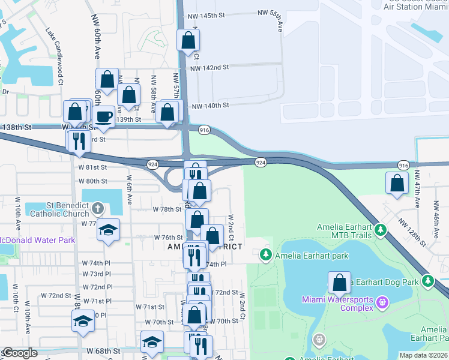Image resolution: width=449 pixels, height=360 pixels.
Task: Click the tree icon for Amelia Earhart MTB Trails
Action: coord(379,230)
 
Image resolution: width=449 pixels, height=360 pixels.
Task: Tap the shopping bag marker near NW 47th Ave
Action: coord(397,184)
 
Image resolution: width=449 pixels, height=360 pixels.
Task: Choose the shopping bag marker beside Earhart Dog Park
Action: coord(339,282)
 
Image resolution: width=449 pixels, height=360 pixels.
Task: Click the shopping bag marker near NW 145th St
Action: coord(188,41)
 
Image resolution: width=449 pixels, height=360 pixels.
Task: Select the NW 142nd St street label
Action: coord(209,68)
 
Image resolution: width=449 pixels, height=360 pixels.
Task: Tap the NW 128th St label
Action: coord(412,232)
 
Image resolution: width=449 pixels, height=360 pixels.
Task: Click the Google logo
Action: coord(20,353)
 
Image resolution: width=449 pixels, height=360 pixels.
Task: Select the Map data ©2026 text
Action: coord(424,355)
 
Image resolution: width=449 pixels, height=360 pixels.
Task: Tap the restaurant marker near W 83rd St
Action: coord(78,140)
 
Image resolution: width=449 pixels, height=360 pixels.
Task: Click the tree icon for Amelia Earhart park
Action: coord(265,256)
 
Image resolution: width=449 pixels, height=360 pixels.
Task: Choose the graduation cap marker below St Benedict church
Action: coord(108,230)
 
